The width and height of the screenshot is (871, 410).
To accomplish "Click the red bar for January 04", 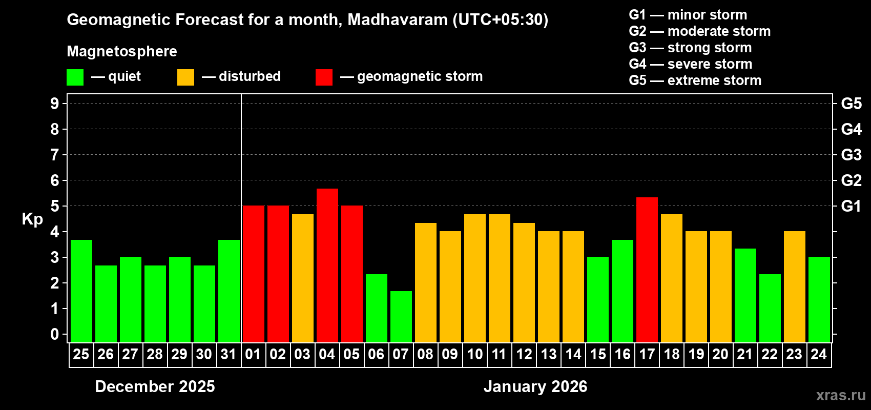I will [327, 265].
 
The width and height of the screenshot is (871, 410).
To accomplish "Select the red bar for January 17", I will [647, 270].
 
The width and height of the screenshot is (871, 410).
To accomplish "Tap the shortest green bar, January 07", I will [401, 317].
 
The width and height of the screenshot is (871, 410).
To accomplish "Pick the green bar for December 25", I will [81, 291].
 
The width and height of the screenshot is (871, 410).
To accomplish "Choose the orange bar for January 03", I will [302, 278].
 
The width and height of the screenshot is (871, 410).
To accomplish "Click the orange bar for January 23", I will [794, 287].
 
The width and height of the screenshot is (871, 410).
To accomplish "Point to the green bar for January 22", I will [770, 308].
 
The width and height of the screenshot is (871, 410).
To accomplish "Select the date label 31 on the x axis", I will [229, 355].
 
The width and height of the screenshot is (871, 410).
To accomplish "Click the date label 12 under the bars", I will [524, 355].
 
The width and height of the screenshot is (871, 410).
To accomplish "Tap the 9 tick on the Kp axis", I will [55, 104].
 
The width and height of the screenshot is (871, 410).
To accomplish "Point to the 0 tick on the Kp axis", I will [55, 334].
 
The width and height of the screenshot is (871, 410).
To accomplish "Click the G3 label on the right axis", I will [851, 155].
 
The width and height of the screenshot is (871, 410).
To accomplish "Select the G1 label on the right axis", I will [851, 206].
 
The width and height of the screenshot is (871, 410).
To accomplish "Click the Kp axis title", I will [32, 219].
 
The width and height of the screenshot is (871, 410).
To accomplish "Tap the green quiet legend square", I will [75, 77].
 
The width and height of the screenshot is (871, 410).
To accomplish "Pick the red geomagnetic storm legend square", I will [324, 77].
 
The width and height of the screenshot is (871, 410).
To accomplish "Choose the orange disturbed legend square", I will [185, 77].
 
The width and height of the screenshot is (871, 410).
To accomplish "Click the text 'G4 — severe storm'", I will [690, 64].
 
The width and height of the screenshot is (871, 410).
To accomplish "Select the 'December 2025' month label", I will [155, 386].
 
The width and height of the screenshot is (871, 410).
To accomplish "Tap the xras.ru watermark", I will [840, 395].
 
